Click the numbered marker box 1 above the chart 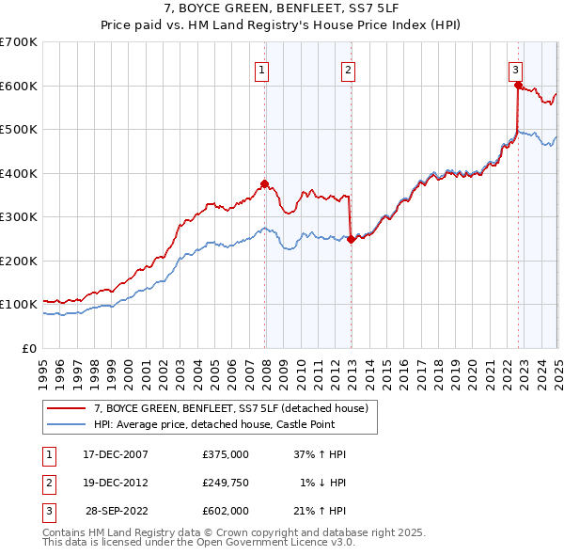click(261, 69)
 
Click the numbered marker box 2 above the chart click(348, 69)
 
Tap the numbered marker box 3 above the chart click(516, 69)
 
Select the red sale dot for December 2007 click(265, 183)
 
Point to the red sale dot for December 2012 click(351, 239)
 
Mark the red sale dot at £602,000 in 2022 click(518, 85)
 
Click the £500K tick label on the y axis click(18, 130)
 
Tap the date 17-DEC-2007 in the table click(116, 453)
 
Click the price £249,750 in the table click(226, 483)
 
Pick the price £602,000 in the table click(226, 512)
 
